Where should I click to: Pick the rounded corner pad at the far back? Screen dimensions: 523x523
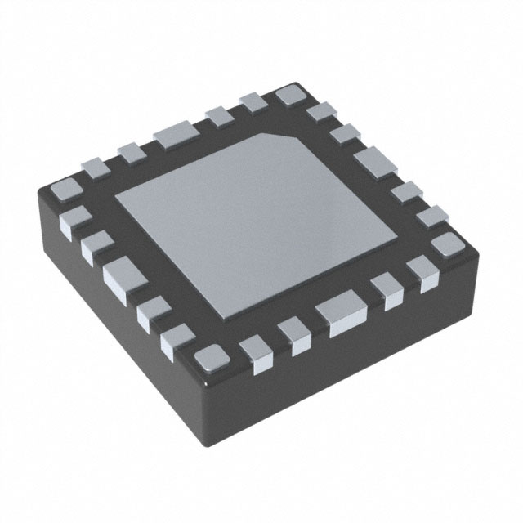tap(289, 96)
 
